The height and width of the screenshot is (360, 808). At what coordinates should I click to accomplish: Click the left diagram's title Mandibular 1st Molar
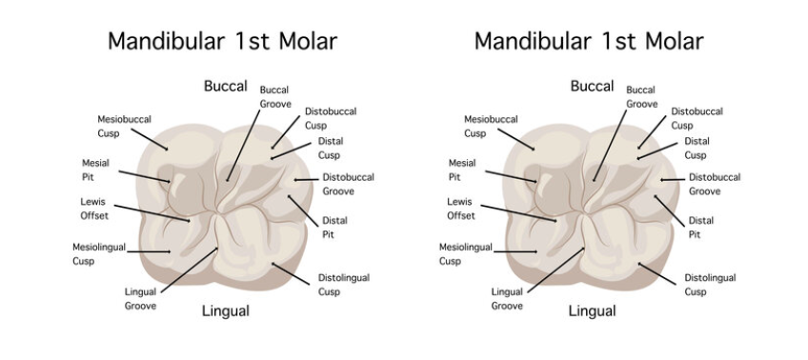(x=221, y=41)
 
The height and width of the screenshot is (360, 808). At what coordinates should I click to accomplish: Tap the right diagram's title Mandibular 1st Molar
(x=588, y=41)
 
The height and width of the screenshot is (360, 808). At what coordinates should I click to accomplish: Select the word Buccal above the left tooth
(x=225, y=86)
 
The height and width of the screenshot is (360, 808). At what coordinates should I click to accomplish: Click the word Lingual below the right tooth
(x=592, y=310)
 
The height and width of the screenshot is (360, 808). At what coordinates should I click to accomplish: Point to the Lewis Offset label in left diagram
(x=94, y=208)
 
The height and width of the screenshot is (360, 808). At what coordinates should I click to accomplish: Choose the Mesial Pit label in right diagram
(x=461, y=170)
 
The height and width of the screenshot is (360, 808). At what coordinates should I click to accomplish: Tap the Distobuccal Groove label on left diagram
(x=348, y=184)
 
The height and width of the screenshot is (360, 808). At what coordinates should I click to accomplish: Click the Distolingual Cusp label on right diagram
(x=710, y=284)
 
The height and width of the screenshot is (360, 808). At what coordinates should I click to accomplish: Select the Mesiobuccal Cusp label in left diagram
(x=124, y=126)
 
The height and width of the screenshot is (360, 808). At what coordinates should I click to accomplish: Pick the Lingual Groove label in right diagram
(x=507, y=298)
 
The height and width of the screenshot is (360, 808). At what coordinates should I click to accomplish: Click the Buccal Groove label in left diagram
(x=274, y=96)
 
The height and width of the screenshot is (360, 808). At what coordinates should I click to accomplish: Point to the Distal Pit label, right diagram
(x=700, y=227)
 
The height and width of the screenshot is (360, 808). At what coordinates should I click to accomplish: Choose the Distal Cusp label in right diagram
(x=697, y=148)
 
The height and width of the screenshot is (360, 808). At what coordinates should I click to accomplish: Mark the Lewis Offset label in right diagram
(x=461, y=208)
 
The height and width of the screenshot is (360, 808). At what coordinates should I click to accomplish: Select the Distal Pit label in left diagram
(x=334, y=227)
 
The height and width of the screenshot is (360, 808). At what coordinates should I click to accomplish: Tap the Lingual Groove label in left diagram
(x=140, y=298)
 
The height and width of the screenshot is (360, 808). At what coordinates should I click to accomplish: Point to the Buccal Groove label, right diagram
(x=641, y=96)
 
